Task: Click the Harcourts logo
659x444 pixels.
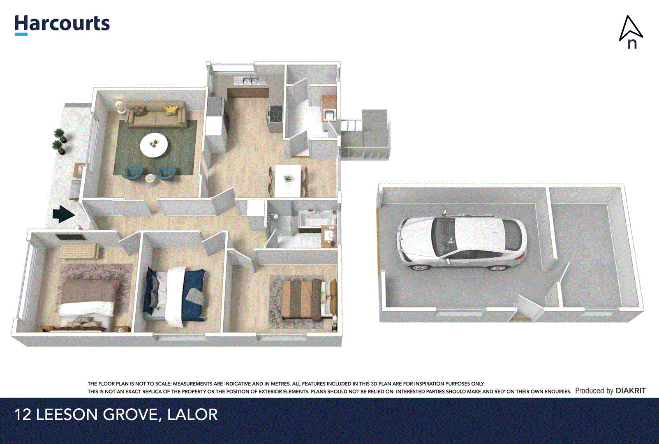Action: point(62,24)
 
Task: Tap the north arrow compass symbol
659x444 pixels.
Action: point(631,32)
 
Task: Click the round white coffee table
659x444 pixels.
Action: point(154,145)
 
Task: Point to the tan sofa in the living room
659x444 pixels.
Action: point(156,116)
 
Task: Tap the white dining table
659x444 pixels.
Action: point(287,180)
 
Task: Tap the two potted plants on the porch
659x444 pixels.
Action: point(59,141)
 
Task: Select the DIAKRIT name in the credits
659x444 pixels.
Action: point(631,391)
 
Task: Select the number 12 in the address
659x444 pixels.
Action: point(23,414)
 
